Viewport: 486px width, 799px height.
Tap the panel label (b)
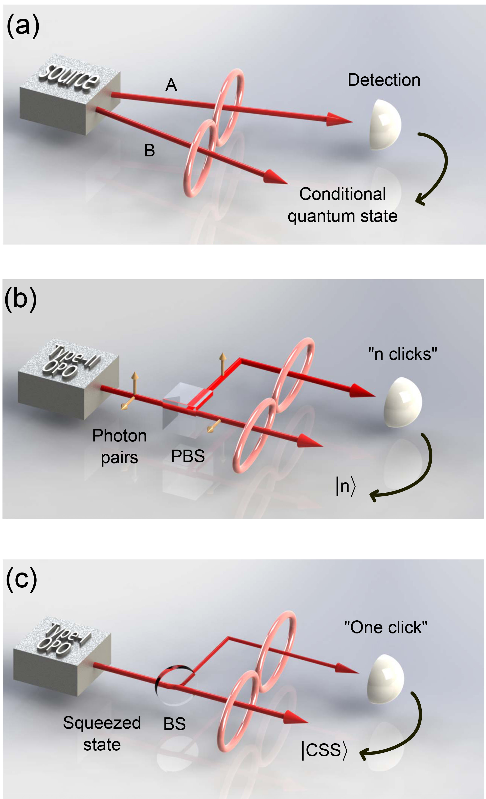pyautogui.click(x=20, y=299)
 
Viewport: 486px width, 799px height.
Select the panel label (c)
pyautogui.click(x=21, y=579)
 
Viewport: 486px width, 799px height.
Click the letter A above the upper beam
pyautogui.click(x=171, y=85)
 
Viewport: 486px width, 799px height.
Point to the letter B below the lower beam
pyautogui.click(x=150, y=150)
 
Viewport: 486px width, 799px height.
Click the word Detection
pyautogui.click(x=384, y=80)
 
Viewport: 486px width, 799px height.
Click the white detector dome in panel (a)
pyautogui.click(x=386, y=125)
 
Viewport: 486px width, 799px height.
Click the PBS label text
pyautogui.click(x=188, y=456)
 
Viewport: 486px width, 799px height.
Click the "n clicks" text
pyautogui.click(x=402, y=354)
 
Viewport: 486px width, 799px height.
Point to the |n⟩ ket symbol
pyautogui.click(x=346, y=486)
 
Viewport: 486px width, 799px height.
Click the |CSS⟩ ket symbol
pyautogui.click(x=324, y=750)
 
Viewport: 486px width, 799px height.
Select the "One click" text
pyautogui.click(x=386, y=627)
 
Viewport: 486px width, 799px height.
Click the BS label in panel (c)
pyautogui.click(x=174, y=724)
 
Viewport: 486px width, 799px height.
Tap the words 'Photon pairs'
pyautogui.click(x=119, y=446)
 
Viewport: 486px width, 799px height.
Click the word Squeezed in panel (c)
pyautogui.click(x=102, y=722)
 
